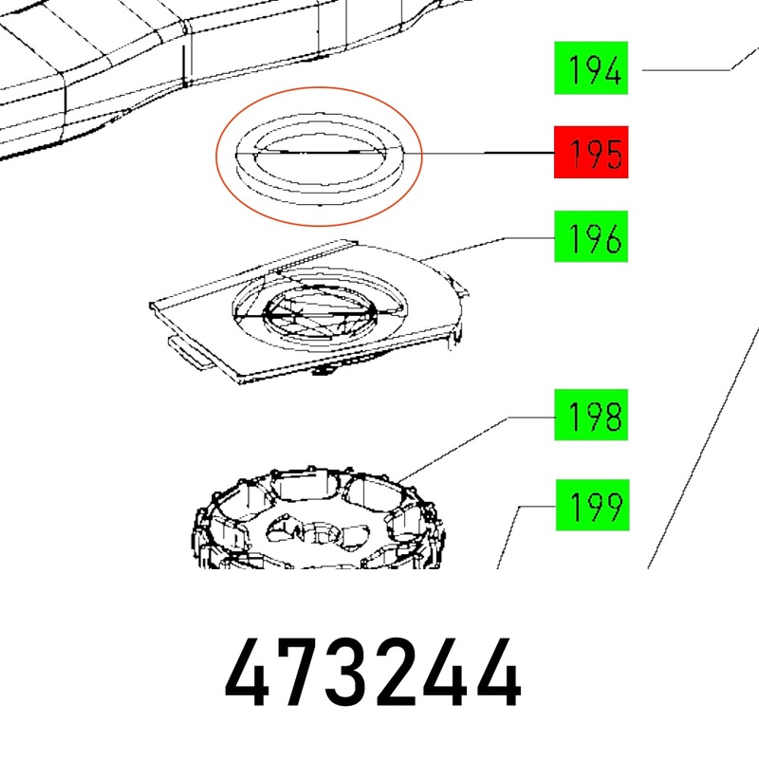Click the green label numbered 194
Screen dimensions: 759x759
pos(591,67)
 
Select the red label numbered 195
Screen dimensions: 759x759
pos(591,152)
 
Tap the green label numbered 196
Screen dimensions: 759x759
pos(591,236)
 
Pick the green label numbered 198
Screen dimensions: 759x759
pos(591,415)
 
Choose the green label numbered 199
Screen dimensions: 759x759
pos(592,506)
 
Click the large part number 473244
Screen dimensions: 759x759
pos(373,673)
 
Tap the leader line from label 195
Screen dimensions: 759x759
pos(479,153)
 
